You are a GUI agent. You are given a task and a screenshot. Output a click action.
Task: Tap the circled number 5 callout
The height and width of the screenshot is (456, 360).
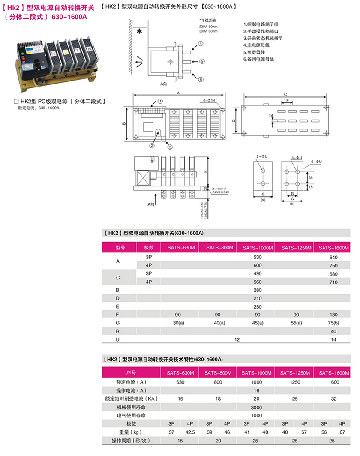(x=201, y=61)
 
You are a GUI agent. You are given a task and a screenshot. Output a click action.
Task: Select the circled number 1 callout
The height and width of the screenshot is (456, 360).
(x=159, y=102)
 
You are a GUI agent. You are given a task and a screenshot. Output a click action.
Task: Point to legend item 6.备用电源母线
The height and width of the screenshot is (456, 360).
(x=258, y=59)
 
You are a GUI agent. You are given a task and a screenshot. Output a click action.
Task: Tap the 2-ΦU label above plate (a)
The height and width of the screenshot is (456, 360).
(x=261, y=157)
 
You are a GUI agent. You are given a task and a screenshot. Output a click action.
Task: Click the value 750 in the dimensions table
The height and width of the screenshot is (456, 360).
(x=333, y=266)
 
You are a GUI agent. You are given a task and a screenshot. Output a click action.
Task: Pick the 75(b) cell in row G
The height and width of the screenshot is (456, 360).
(x=333, y=322)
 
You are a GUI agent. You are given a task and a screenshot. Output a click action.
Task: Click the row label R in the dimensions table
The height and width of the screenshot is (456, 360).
(x=118, y=331)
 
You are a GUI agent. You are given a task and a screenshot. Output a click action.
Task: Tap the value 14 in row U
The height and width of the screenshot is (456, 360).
(x=333, y=339)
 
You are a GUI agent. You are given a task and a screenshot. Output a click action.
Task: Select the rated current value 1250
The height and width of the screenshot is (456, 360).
(x=295, y=381)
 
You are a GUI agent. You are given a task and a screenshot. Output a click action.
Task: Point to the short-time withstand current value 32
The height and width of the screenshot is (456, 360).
(x=333, y=399)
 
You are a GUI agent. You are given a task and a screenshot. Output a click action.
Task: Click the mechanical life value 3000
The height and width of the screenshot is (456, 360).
(x=257, y=407)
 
